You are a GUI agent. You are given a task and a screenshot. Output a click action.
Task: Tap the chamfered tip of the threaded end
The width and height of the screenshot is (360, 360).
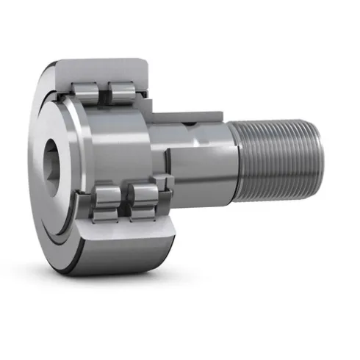[317, 160]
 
